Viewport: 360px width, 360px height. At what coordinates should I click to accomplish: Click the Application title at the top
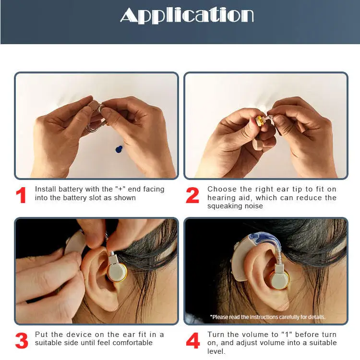187,15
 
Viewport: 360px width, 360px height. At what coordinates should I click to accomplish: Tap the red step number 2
192,195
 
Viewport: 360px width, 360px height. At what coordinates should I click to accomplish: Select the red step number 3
22,340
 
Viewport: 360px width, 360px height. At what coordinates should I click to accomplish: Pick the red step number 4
192,341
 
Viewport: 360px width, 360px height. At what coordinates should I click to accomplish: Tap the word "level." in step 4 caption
216,351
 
